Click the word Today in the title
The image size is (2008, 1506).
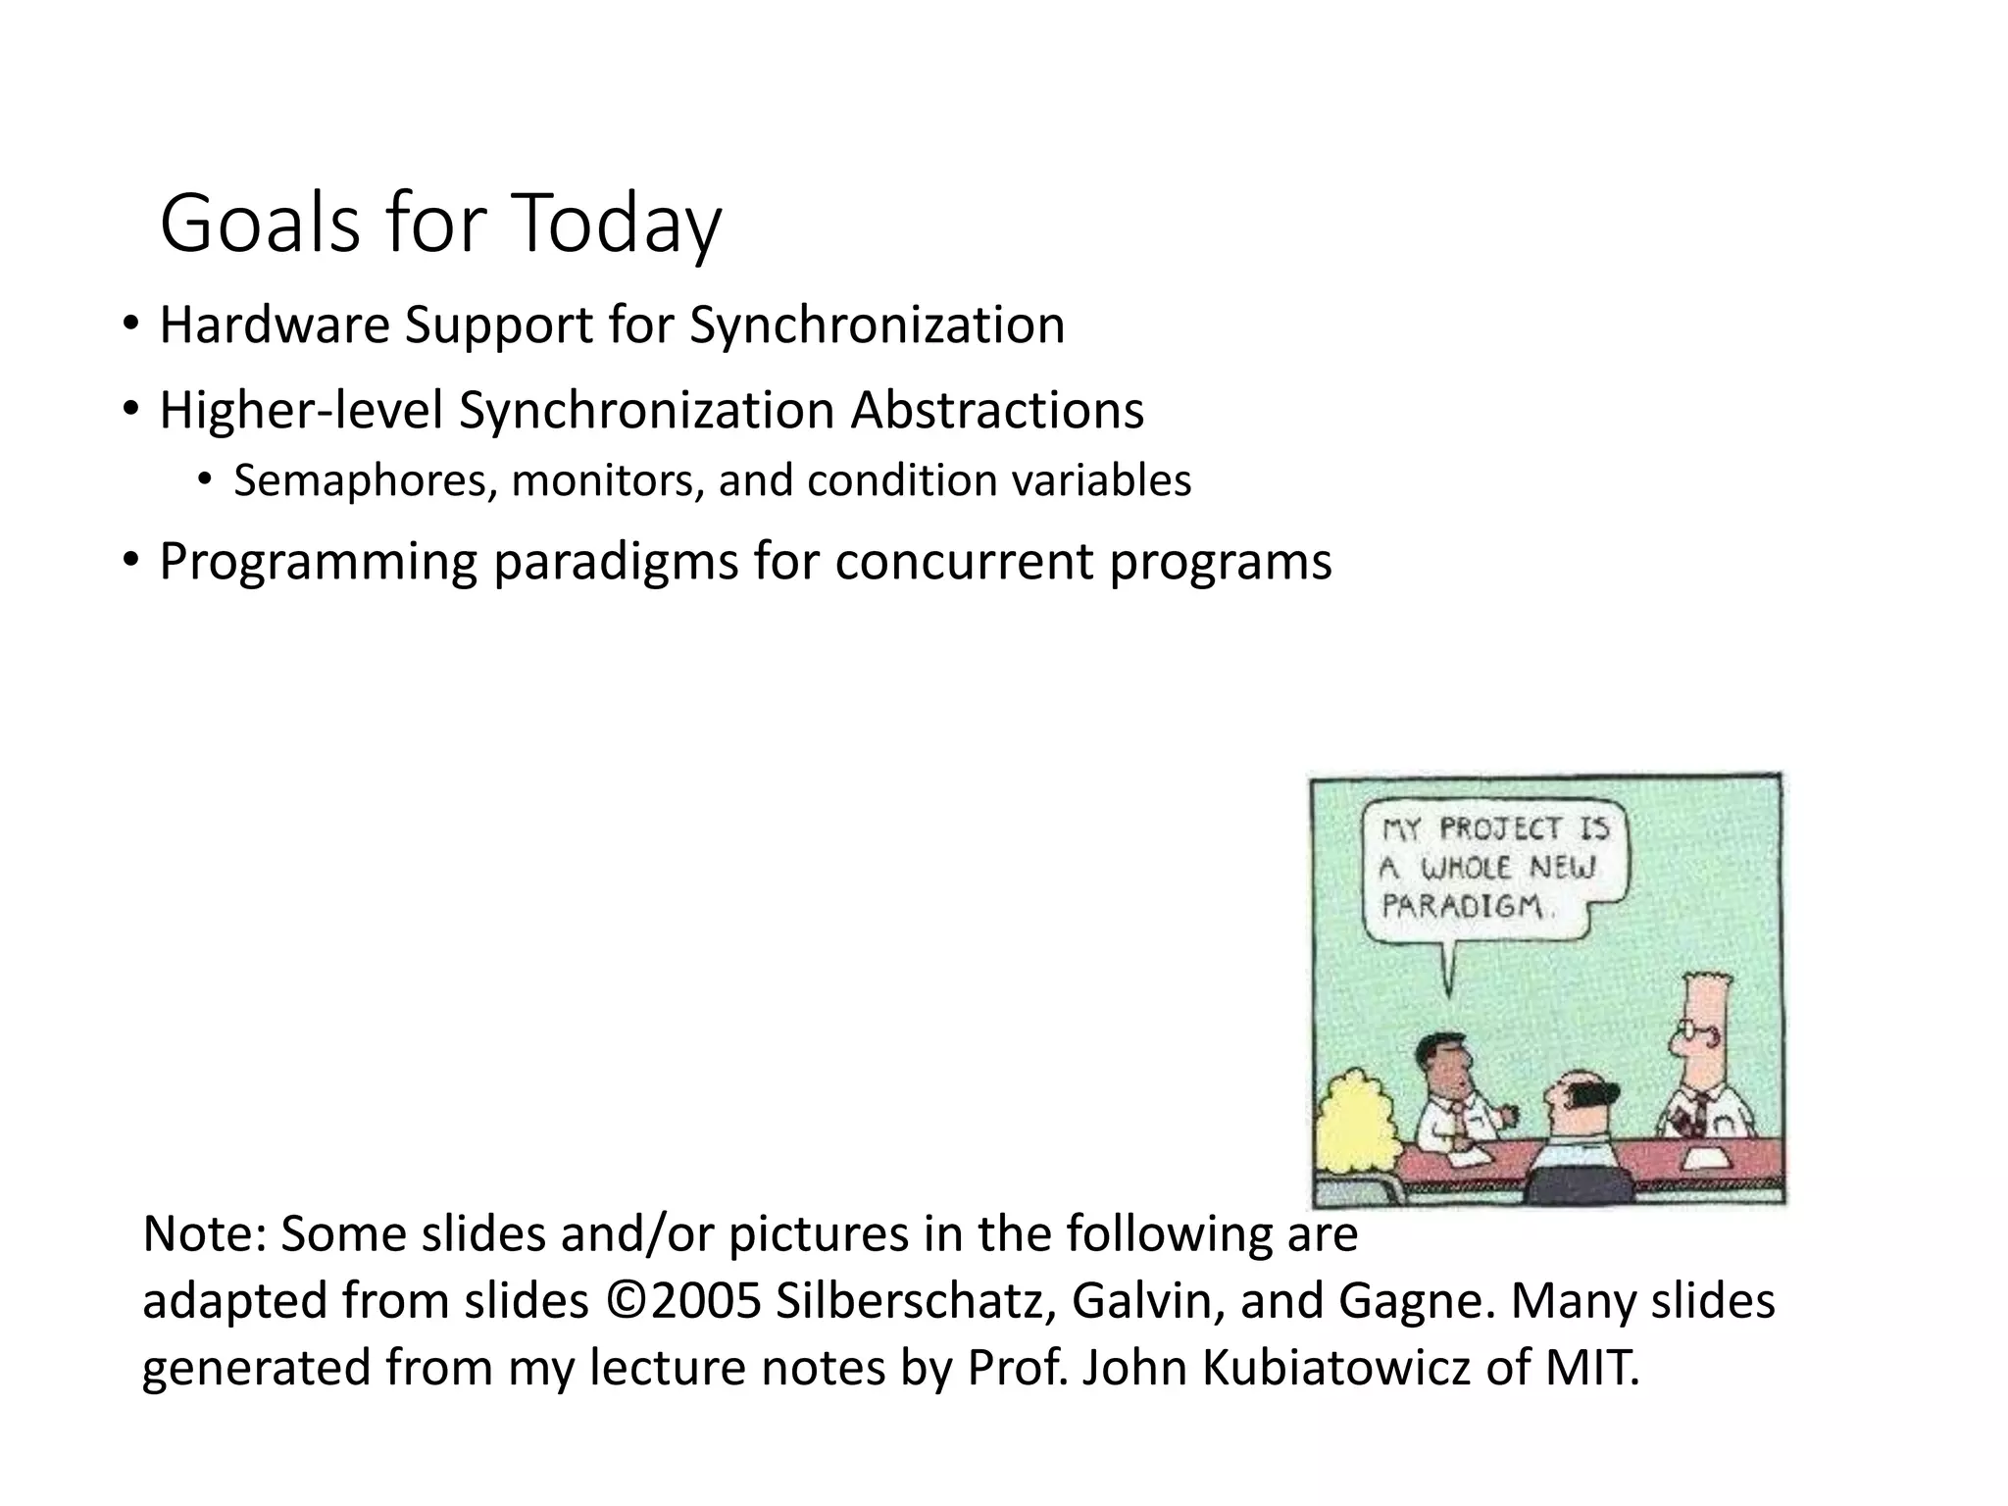pos(616,226)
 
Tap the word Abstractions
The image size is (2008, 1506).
pos(997,410)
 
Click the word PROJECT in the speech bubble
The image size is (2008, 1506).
pos(1499,829)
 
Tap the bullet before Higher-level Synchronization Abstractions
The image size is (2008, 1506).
pos(130,410)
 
